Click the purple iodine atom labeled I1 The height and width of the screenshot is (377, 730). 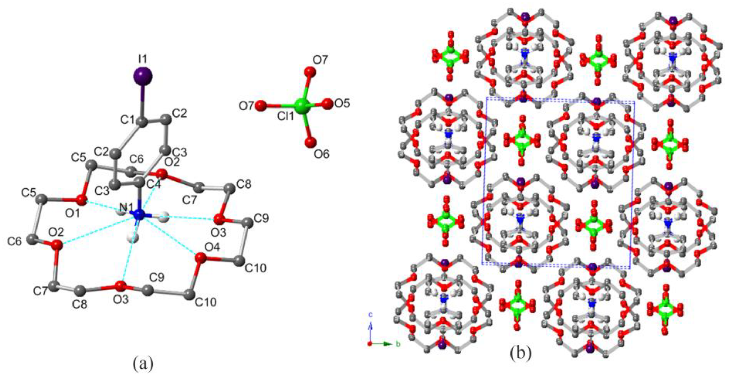pyautogui.click(x=143, y=76)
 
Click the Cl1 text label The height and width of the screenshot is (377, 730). pyautogui.click(x=287, y=117)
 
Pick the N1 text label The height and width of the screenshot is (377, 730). pyautogui.click(x=126, y=208)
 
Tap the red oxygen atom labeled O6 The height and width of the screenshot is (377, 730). pyautogui.click(x=310, y=142)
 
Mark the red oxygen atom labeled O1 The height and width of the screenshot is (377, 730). pyautogui.click(x=82, y=200)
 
